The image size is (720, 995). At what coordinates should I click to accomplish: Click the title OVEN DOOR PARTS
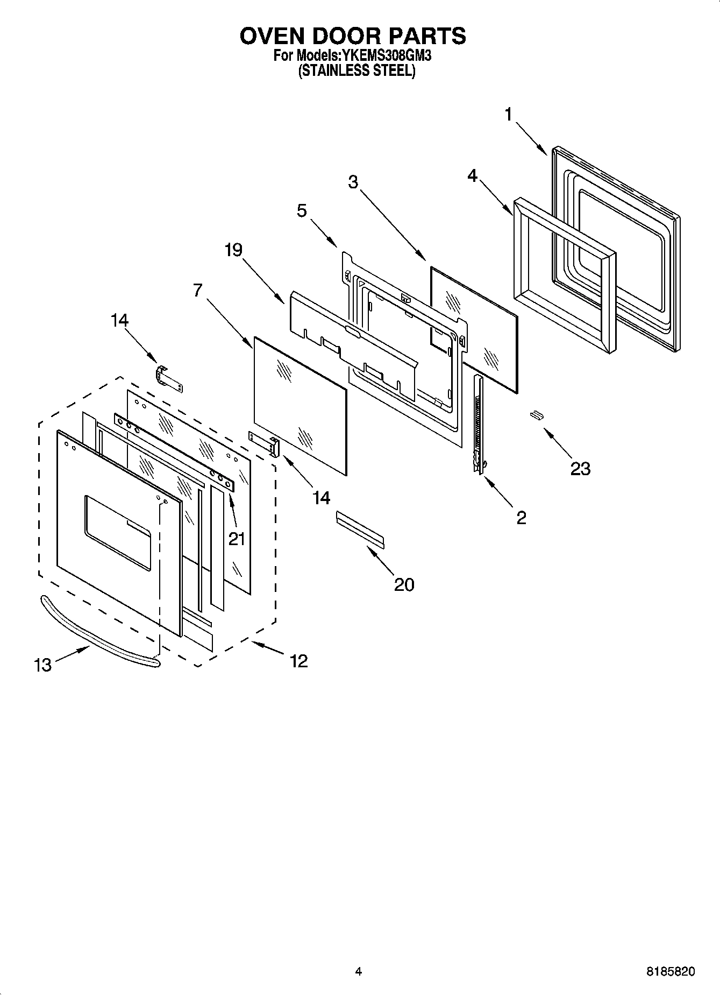coord(353,36)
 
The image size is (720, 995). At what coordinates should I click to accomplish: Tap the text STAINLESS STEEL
coord(357,70)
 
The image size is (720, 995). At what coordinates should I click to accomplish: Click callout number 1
coord(508,115)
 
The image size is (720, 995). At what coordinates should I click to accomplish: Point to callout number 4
coord(472,175)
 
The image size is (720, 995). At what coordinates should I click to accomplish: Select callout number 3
coord(353,182)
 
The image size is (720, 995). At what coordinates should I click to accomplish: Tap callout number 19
coord(233,250)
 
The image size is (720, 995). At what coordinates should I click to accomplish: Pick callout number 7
coord(197,291)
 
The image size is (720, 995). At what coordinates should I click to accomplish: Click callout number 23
coord(580,469)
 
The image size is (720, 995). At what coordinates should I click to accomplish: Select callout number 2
coord(521,518)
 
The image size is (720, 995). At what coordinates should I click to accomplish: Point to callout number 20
coord(404,584)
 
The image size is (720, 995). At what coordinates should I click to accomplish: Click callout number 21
coord(237,538)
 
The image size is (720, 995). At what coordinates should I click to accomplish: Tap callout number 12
coord(299,661)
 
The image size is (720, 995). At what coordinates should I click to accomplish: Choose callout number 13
coord(43,666)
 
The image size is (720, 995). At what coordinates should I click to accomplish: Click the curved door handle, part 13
coord(97,634)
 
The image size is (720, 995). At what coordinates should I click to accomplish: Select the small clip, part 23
coord(536,414)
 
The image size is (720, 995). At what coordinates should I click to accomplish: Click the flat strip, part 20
coord(360,530)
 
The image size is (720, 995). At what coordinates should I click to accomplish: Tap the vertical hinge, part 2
coord(477,425)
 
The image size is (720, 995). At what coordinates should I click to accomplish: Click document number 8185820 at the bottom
coord(670,972)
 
